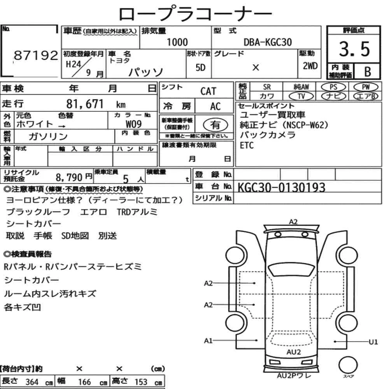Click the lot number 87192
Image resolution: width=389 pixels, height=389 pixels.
click(36, 55)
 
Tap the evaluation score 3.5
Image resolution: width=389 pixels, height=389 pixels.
click(354, 49)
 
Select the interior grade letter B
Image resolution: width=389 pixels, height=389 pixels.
click(368, 72)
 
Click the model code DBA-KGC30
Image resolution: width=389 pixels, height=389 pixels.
click(268, 42)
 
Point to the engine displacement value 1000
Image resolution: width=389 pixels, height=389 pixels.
click(177, 42)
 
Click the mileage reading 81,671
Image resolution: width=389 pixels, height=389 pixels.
click(85, 104)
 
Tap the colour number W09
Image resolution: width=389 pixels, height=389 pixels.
click(133, 124)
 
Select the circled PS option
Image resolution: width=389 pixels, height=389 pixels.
click(333, 87)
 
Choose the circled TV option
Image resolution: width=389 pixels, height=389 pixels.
click(301, 96)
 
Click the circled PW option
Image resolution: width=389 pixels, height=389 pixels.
click(366, 87)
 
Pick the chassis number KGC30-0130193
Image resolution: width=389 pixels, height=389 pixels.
click(281, 187)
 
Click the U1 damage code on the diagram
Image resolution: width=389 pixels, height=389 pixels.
click(373, 342)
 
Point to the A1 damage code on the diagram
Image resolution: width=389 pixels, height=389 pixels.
click(209, 341)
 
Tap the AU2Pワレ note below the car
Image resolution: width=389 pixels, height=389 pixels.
click(294, 376)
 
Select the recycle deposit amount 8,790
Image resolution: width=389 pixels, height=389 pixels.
click(69, 177)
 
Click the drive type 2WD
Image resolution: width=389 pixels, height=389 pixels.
click(310, 66)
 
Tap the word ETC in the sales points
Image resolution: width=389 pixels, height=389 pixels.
click(247, 145)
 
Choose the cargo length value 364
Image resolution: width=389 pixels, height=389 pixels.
click(32, 382)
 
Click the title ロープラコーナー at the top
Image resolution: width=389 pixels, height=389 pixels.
click(195, 14)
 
